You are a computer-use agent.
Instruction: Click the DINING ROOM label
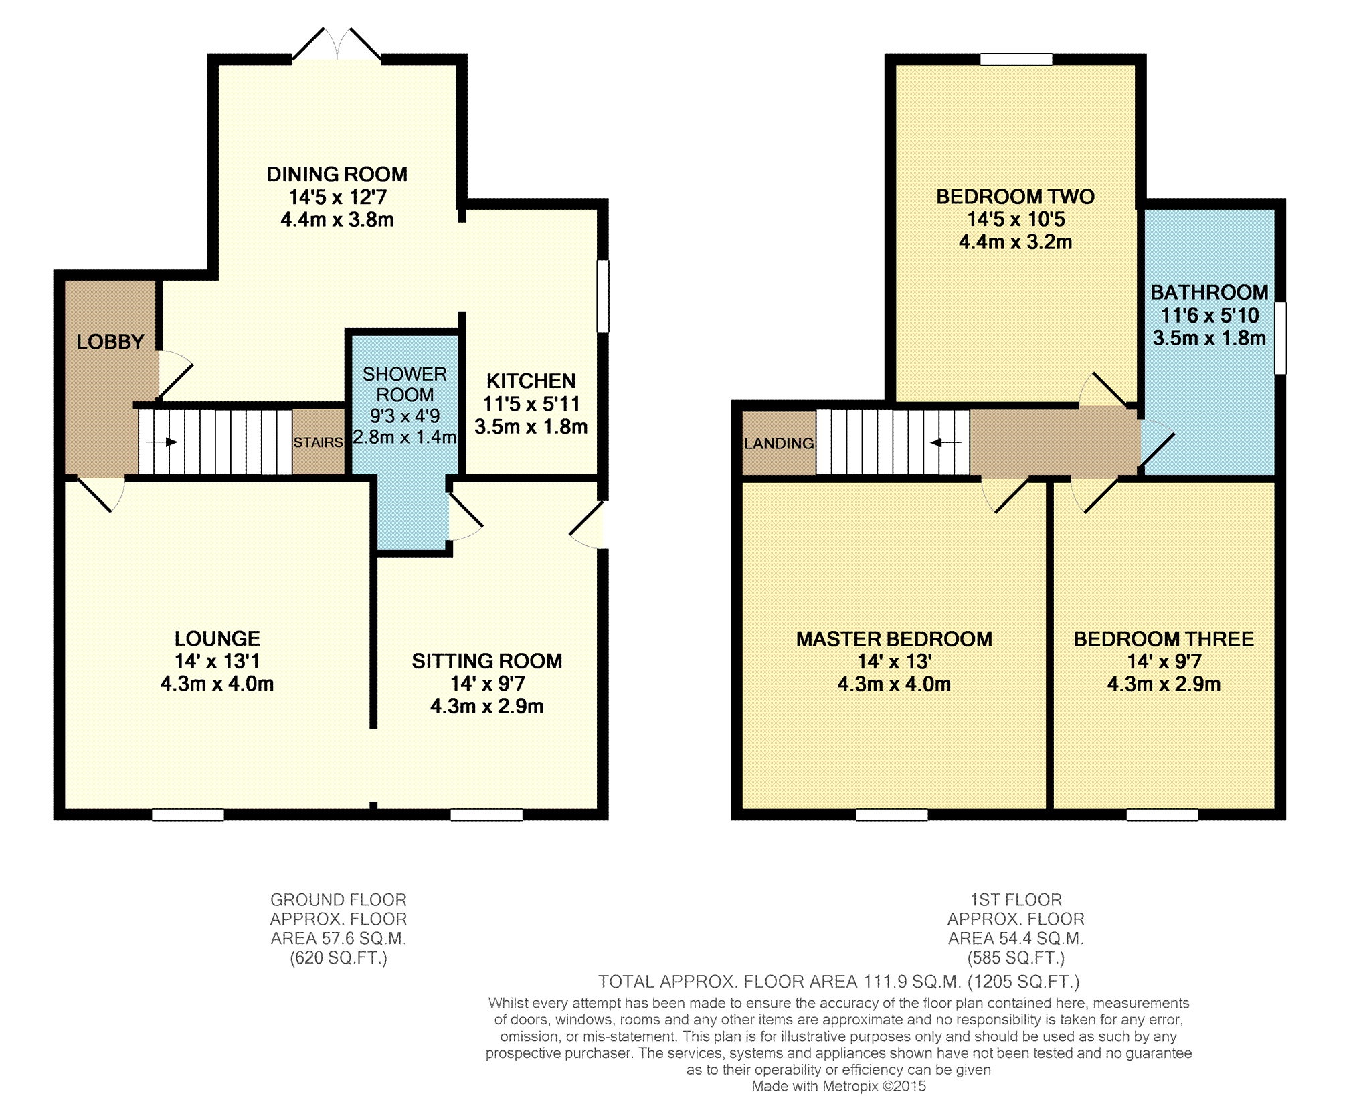[337, 175]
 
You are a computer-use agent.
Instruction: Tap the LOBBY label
[110, 342]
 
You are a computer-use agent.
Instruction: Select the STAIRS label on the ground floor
[319, 442]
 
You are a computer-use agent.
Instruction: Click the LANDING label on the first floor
[779, 443]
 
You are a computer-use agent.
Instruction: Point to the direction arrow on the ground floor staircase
[161, 442]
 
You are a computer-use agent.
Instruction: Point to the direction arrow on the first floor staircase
[945, 442]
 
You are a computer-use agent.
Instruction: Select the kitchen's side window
[603, 296]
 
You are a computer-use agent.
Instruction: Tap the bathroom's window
[1280, 339]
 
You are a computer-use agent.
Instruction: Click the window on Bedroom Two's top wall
[1016, 60]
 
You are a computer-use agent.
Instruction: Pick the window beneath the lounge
[188, 814]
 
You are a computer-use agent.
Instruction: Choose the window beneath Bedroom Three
[1162, 814]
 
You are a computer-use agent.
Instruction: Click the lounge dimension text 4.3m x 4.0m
[217, 684]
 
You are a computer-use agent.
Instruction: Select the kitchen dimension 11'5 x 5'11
[531, 404]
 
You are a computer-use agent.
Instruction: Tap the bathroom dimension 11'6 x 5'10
[1209, 315]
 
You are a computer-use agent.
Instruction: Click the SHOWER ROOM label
[405, 384]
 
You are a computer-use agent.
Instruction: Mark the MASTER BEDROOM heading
[894, 639]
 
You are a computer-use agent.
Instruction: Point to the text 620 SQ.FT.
[339, 958]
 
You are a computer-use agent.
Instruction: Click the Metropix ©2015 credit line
[839, 1086]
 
